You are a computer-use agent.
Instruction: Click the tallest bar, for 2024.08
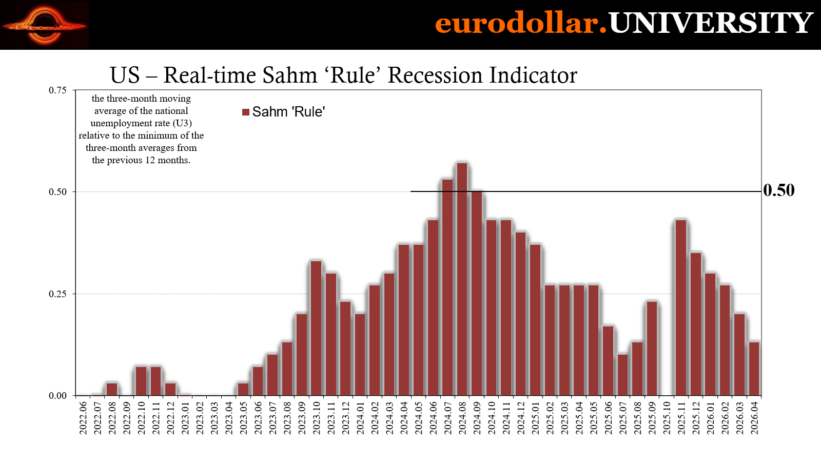tap(462, 279)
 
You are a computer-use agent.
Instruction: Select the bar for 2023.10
tap(316, 329)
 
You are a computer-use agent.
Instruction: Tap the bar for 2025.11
tap(680, 308)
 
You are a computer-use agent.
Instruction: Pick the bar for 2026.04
tap(754, 369)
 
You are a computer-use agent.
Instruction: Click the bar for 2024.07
tap(447, 287)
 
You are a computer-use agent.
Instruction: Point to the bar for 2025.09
tap(652, 349)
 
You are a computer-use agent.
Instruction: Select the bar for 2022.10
tap(141, 381)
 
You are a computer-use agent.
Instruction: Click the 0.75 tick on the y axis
tap(57, 90)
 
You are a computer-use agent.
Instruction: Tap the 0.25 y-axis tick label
tap(57, 294)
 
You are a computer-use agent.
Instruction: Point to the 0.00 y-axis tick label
tap(57, 396)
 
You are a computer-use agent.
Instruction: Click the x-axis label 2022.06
tap(83, 418)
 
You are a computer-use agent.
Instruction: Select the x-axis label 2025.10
tap(667, 418)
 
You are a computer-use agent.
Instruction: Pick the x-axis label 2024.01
tap(360, 418)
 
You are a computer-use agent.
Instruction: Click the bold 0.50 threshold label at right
tap(779, 190)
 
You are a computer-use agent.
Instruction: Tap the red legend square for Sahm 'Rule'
tap(246, 112)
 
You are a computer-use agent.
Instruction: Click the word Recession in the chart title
tap(435, 75)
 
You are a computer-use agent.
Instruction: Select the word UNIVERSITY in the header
tap(711, 23)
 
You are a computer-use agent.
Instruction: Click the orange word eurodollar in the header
tap(517, 23)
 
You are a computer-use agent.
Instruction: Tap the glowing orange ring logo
tap(44, 25)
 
